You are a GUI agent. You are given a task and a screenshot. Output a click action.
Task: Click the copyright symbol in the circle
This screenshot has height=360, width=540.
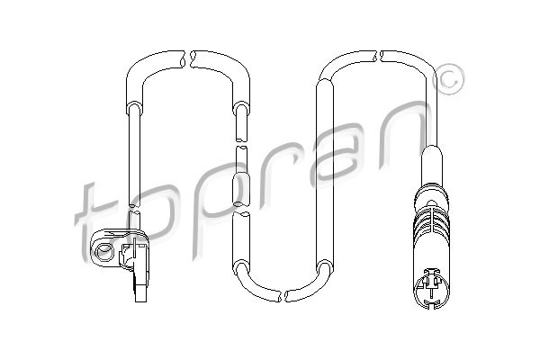(x=449, y=79)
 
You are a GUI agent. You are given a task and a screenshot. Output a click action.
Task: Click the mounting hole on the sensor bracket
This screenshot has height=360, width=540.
(x=103, y=251)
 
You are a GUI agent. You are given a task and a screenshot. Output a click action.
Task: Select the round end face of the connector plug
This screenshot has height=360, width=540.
(x=432, y=289)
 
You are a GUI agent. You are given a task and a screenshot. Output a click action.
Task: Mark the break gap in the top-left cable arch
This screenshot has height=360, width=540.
(x=188, y=59)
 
